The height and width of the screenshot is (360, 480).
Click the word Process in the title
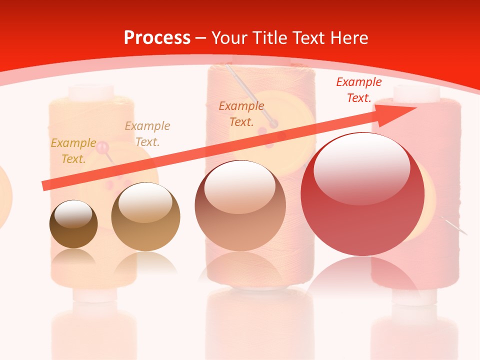tap(157, 37)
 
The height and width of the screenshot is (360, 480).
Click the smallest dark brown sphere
tap(73, 224)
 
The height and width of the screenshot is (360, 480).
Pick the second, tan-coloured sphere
tap(145, 217)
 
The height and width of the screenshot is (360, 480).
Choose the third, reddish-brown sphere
tap(240, 205)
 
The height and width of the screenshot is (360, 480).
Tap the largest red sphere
tap(362, 194)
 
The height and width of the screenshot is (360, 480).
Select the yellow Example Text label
tap(73, 150)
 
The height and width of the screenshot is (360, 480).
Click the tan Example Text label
tap(147, 133)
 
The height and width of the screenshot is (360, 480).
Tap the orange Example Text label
tap(241, 113)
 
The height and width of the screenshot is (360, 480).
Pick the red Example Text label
tap(359, 90)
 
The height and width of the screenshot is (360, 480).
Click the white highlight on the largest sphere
tap(362, 168)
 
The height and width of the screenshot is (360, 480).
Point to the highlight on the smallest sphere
tap(73, 215)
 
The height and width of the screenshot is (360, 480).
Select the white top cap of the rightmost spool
tap(416, 92)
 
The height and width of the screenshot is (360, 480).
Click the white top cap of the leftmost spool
tap(92, 92)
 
